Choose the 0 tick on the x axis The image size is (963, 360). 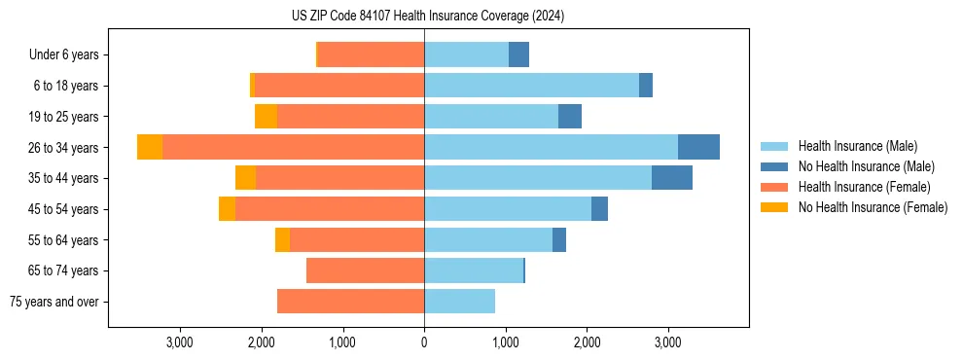click(424, 342)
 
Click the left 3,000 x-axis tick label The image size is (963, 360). click(180, 342)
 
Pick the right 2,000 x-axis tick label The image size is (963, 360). click(587, 342)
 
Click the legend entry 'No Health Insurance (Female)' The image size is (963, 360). click(873, 207)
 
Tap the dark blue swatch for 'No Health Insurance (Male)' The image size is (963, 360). click(774, 167)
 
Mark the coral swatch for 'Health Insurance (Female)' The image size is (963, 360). click(774, 187)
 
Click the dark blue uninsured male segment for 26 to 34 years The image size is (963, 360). click(698, 147)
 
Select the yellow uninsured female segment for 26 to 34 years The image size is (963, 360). click(150, 147)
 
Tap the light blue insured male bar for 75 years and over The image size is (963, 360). click(459, 302)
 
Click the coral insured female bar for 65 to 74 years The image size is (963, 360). click(365, 270)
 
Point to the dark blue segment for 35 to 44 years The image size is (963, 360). click(671, 178)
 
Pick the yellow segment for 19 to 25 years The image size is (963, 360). click(266, 117)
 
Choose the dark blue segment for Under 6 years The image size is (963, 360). click(518, 55)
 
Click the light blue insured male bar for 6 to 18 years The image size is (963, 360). click(531, 86)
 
